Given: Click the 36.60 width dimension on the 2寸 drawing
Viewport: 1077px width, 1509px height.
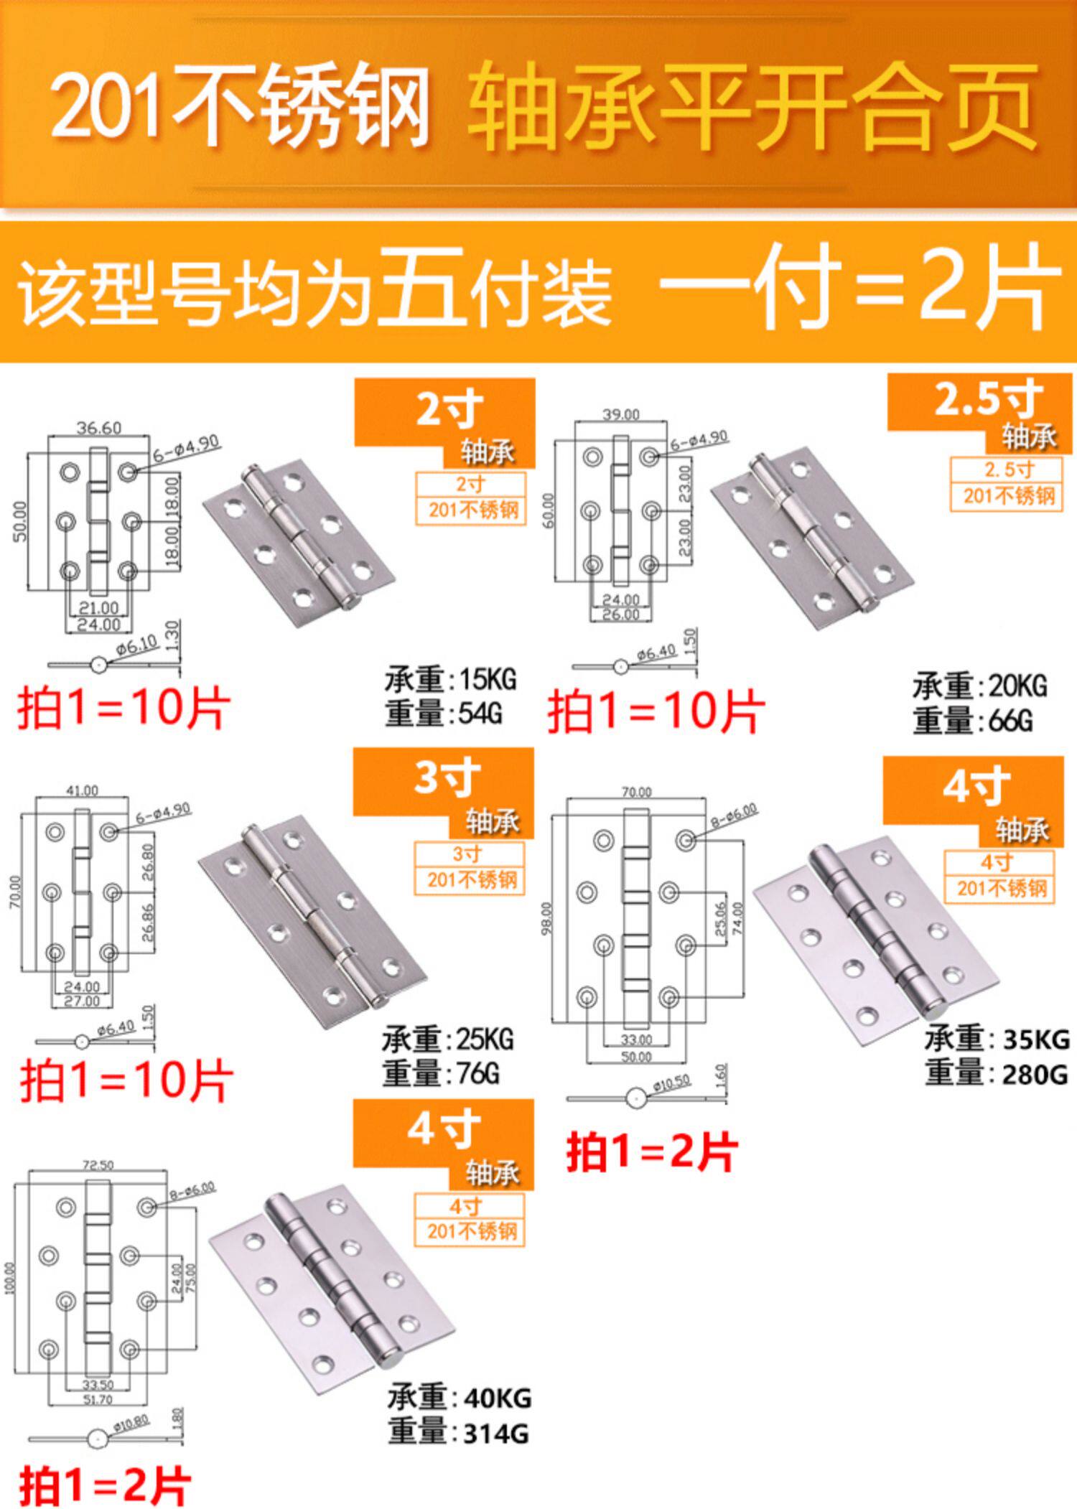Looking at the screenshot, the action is [99, 428].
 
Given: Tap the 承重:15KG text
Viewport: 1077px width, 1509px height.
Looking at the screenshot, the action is [450, 679].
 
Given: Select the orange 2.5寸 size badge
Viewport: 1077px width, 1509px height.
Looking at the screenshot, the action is [988, 401].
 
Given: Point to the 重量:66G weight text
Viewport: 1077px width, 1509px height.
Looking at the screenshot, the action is [973, 720].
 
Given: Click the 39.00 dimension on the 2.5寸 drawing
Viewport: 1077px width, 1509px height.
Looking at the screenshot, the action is [620, 414].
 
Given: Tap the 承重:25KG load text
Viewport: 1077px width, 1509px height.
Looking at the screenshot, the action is [447, 1040].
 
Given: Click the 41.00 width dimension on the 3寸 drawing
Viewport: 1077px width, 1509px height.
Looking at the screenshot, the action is [82, 790].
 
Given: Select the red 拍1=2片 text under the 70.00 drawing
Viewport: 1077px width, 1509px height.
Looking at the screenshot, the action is [651, 1153].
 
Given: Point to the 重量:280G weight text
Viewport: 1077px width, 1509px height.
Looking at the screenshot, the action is [996, 1075].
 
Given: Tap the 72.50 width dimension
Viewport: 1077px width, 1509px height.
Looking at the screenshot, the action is [98, 1164].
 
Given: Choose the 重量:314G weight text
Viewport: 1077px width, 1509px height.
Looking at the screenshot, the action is [458, 1434].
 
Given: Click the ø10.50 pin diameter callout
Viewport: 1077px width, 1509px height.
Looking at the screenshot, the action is [671, 1083].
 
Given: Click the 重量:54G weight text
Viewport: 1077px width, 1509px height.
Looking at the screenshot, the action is [443, 714].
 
